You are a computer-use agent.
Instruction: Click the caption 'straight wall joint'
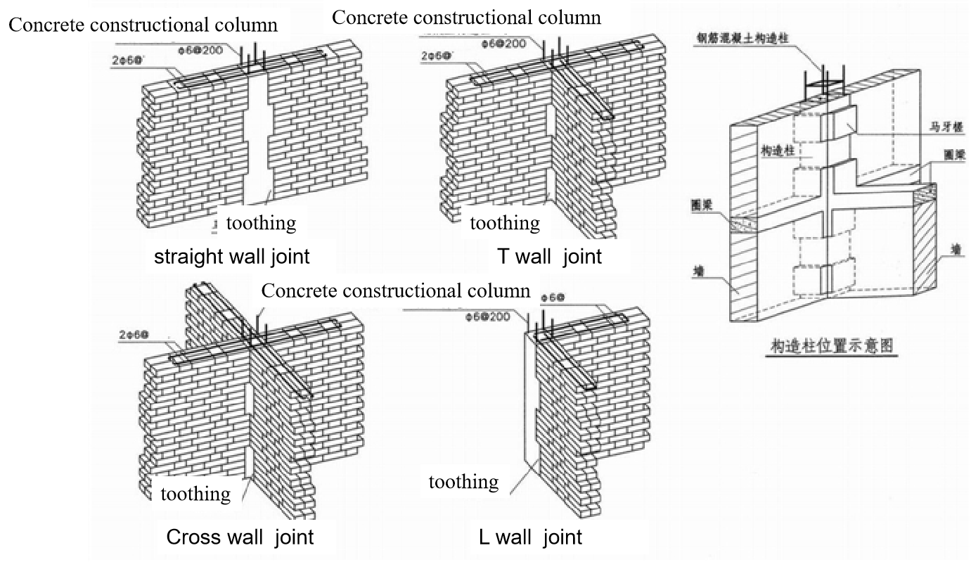pyautogui.click(x=231, y=256)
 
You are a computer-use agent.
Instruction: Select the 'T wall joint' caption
pyautogui.click(x=549, y=256)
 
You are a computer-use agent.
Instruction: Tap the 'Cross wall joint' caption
pyautogui.click(x=239, y=537)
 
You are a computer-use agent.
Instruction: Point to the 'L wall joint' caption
pyautogui.click(x=530, y=537)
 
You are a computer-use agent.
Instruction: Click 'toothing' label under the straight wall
pyautogui.click(x=260, y=224)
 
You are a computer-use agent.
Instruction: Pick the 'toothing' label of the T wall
pyautogui.click(x=505, y=224)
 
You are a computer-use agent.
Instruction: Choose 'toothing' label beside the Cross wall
pyautogui.click(x=195, y=494)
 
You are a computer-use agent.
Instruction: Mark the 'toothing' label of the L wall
pyautogui.click(x=463, y=482)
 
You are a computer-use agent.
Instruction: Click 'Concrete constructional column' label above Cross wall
pyautogui.click(x=395, y=291)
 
